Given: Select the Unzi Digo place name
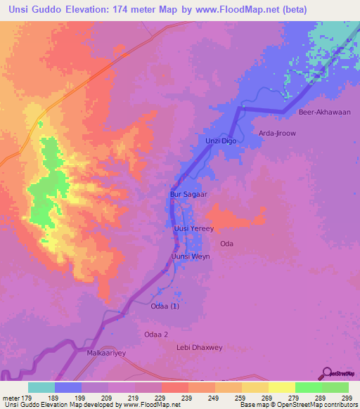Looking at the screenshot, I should coord(220,141).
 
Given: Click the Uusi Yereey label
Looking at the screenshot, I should coord(193,229).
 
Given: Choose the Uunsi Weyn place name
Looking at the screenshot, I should coord(191,257).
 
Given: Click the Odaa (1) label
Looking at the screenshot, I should coord(165,306).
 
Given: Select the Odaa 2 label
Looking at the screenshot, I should coord(156,335).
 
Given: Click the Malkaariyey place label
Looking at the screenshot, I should coord(105,353).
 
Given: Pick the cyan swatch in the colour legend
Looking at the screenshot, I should coord(41,387).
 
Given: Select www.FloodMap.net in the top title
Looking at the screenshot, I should coord(265,10).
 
